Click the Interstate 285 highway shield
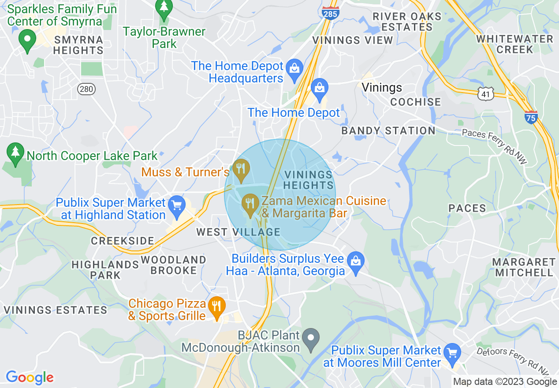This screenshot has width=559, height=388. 330,13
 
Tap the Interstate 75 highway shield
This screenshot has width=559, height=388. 531,117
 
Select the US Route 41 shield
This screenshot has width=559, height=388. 486,93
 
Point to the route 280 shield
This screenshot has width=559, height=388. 86,90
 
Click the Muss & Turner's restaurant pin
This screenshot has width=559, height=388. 241,169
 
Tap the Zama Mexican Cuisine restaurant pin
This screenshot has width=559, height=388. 250,205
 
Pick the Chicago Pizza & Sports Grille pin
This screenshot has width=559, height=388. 216,306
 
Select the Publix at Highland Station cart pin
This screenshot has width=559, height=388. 177,206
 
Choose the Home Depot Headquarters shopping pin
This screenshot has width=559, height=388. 294,69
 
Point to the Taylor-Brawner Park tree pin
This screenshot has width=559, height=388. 164,9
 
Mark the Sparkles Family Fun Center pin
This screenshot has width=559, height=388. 27,41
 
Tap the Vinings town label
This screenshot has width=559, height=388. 382,87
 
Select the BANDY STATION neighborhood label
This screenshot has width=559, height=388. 388,131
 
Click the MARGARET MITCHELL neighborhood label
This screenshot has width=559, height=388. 524,267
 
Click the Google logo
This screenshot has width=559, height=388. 30,377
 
